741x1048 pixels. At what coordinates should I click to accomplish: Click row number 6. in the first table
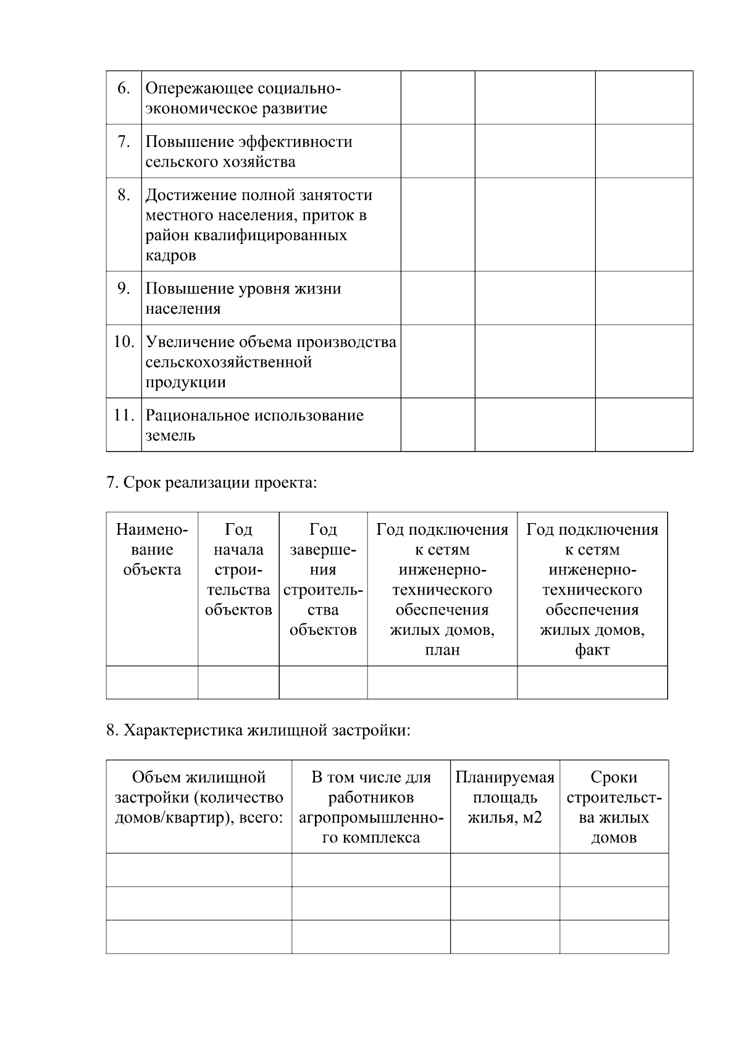tap(124, 88)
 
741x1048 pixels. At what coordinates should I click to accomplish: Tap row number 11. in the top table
tap(124, 415)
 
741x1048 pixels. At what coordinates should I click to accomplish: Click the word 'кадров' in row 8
tap(170, 255)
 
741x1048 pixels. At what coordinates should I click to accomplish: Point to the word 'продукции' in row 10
tap(185, 382)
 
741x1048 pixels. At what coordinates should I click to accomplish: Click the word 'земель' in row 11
tap(170, 435)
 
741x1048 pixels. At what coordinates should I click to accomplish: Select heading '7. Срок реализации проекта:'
tap(211, 482)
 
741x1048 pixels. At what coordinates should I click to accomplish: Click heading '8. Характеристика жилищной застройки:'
tap(258, 731)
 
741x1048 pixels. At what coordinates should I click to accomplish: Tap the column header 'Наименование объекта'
tap(152, 549)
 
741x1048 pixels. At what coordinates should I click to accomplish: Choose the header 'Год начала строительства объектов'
tap(238, 569)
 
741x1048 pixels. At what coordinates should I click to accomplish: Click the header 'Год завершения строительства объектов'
tap(323, 579)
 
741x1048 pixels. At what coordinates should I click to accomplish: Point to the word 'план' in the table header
tap(442, 650)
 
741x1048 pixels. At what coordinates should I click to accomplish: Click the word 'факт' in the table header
tap(592, 650)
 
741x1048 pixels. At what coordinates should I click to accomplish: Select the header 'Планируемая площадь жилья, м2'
tap(504, 797)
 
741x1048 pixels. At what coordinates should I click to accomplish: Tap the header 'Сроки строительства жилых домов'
tap(614, 807)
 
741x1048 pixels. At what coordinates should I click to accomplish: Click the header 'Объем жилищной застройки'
tap(199, 797)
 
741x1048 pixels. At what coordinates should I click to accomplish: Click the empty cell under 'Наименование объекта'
tap(152, 682)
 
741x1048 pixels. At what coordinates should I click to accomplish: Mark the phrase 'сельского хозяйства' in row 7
tap(220, 162)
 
